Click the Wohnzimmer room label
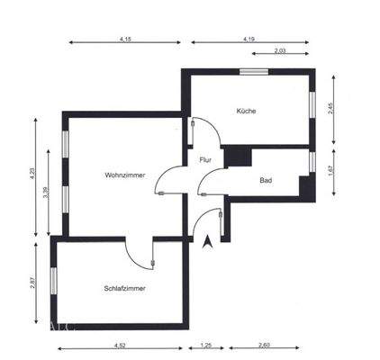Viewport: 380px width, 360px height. click(x=121, y=174)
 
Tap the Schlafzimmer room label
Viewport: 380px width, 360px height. click(x=125, y=289)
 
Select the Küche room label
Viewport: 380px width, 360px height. click(x=246, y=111)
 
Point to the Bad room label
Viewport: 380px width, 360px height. click(x=266, y=180)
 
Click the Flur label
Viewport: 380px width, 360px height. click(x=205, y=159)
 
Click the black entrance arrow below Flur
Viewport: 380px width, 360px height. click(x=210, y=241)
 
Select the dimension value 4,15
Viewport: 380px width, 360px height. click(x=124, y=39)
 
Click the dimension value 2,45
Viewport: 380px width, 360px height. click(x=330, y=108)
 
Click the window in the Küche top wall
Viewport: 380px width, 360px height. click(x=254, y=71)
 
